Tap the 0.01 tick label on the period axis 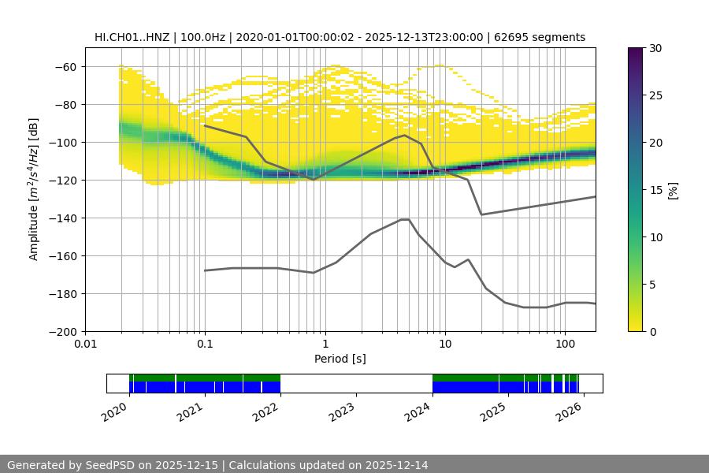[x=85, y=345]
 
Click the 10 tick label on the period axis [x=444, y=345]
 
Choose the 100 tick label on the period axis [x=564, y=345]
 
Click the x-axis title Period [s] [x=340, y=359]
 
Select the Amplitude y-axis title [x=34, y=189]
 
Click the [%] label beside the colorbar [x=673, y=189]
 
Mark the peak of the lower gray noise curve [x=405, y=219]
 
